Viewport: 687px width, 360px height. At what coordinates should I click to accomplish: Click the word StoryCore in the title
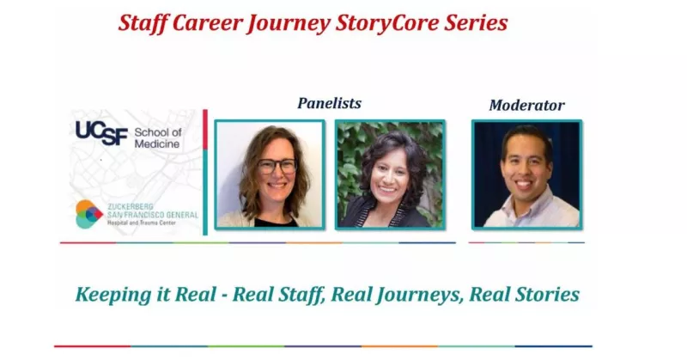387,23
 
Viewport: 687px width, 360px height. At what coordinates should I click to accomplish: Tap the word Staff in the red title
143,23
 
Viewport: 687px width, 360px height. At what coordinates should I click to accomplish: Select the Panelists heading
330,103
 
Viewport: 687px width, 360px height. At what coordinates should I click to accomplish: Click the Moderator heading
526,105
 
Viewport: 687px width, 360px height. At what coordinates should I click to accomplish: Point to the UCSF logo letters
101,133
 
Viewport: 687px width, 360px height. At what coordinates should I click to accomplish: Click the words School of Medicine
158,138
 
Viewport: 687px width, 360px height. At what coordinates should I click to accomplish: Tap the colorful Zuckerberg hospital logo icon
89,214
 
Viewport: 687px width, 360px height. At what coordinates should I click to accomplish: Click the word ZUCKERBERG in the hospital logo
131,206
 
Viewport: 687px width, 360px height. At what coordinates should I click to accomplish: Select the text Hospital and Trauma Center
142,223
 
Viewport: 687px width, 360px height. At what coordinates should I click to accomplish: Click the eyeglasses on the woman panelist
277,166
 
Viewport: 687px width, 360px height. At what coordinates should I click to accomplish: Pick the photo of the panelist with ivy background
390,174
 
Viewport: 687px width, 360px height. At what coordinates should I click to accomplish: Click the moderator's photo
526,174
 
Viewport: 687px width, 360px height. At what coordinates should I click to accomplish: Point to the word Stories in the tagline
547,294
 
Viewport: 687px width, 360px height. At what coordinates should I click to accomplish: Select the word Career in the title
207,23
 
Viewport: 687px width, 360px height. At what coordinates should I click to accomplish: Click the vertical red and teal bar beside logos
205,172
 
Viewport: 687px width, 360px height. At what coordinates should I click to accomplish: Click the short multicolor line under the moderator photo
526,242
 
